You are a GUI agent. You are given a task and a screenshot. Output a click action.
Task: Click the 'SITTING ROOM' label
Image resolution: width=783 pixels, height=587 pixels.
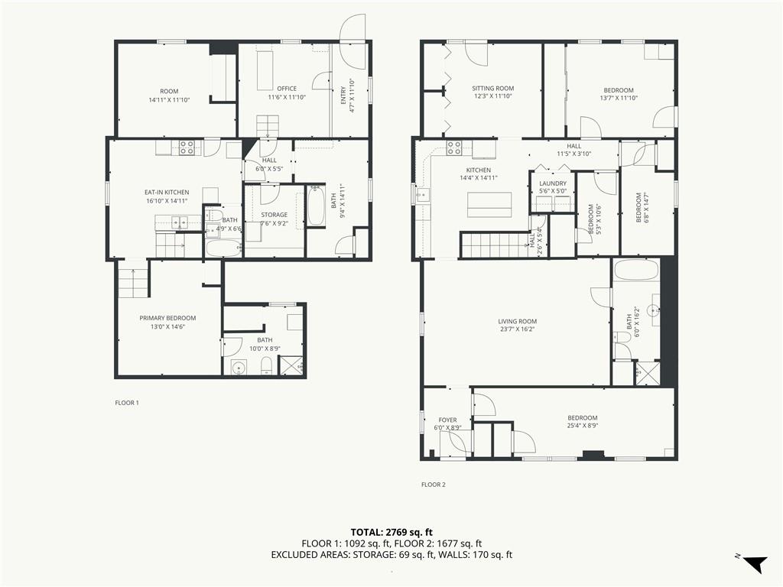tap(493, 89)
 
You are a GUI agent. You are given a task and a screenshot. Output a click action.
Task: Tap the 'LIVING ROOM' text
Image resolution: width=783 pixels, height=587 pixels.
tap(518, 322)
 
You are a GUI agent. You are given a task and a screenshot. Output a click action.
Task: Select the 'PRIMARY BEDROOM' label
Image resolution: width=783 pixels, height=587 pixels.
tap(167, 318)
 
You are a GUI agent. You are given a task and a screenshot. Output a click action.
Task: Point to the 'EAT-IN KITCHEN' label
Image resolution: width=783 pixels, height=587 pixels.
tap(167, 192)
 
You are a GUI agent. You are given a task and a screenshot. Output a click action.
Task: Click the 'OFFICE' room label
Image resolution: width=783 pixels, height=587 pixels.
tap(287, 89)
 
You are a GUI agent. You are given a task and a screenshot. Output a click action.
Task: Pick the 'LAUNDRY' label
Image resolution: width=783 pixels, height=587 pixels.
tap(553, 183)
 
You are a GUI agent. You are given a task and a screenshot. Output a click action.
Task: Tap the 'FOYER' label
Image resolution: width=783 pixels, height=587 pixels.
tap(447, 420)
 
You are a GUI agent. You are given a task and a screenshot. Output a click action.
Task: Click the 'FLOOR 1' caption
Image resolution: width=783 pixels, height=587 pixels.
tap(127, 402)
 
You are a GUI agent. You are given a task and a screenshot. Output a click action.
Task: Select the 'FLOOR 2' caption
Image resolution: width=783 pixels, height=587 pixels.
tap(433, 484)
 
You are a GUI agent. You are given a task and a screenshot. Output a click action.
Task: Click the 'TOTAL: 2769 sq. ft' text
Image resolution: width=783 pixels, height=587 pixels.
tap(391, 532)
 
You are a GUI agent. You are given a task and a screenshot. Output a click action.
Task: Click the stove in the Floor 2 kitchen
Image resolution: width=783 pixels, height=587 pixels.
tap(454, 148)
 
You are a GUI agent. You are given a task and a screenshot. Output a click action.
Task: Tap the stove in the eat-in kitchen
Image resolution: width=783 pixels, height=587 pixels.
tap(187, 148)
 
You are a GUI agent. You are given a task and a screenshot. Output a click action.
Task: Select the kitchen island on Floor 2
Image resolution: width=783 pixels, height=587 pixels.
tap(489, 205)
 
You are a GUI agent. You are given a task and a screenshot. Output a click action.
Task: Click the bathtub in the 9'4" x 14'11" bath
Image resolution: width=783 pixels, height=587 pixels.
tap(316, 206)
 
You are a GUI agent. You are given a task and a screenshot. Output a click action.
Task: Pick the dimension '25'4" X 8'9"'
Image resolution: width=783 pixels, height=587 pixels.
tap(582, 426)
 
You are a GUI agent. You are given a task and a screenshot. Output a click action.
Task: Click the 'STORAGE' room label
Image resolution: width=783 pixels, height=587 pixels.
tap(275, 215)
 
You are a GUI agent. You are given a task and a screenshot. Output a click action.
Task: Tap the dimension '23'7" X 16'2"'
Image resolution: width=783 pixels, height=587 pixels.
tap(518, 329)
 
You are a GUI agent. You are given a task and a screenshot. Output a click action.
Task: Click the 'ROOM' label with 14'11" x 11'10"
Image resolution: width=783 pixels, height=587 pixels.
tap(169, 92)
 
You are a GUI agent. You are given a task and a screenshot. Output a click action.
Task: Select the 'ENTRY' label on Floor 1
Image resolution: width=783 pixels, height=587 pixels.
tap(343, 96)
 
